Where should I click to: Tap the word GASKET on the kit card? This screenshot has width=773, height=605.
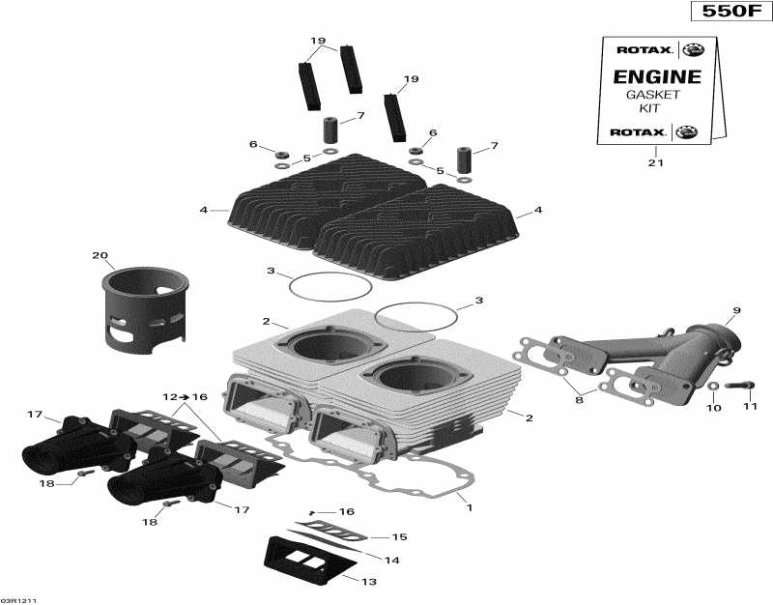(x=653, y=95)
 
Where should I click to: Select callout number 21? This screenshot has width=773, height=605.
(x=657, y=161)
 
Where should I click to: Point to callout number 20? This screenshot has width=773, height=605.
(x=100, y=256)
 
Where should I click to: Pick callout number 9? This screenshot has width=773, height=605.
(x=736, y=310)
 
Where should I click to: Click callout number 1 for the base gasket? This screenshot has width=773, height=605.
(x=470, y=506)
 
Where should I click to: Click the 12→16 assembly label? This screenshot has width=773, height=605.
(x=185, y=397)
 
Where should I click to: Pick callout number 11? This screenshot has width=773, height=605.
(x=751, y=407)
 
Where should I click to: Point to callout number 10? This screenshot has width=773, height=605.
(x=713, y=408)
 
